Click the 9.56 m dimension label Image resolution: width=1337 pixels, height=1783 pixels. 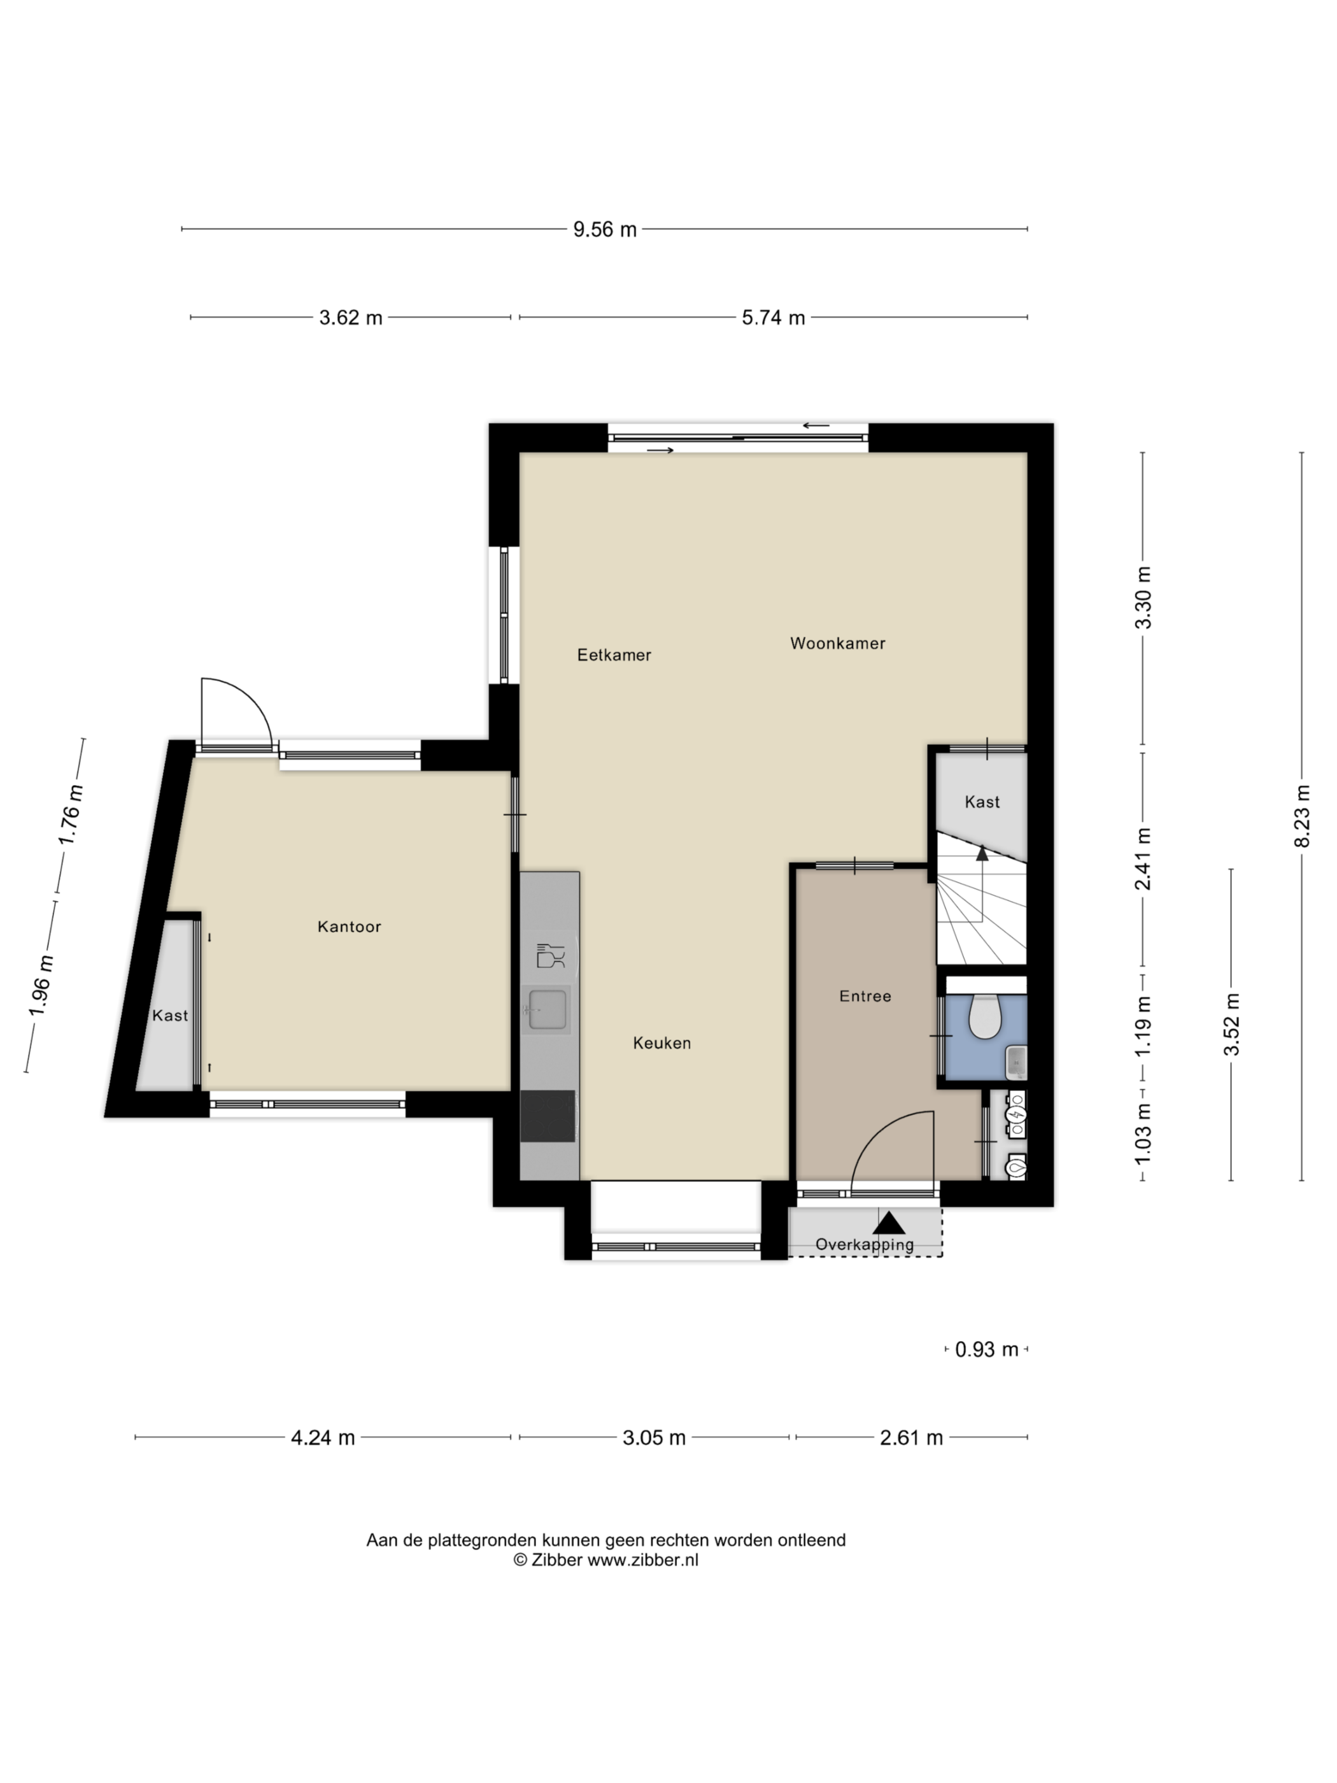pos(604,230)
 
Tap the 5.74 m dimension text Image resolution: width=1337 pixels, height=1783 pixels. pos(773,318)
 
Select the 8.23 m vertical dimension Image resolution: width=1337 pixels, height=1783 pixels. pos(1303,815)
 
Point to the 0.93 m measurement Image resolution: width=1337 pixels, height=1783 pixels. pos(986,1349)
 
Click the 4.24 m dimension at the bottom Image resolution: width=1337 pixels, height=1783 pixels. pos(322,1437)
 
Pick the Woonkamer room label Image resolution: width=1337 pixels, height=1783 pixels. pos(837,643)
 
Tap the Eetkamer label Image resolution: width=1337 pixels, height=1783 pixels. pos(614,655)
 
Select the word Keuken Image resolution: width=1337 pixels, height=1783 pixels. pos(661,1043)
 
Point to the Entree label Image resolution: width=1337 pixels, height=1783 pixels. pos(865,997)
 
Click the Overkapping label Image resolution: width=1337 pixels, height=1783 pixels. pos(865,1244)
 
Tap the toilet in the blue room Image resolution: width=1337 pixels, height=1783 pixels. pos(983,1016)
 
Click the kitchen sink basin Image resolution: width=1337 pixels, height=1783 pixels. pos(547,1010)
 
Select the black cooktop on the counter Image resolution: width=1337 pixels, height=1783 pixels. pos(547,1116)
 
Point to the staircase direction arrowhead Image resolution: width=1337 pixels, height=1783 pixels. pos(982,854)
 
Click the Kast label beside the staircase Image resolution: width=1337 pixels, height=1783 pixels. pos(982,802)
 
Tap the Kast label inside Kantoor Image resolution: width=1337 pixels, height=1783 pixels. pos(170,1016)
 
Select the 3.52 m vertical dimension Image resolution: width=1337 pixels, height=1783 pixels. pos(1231,1025)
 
